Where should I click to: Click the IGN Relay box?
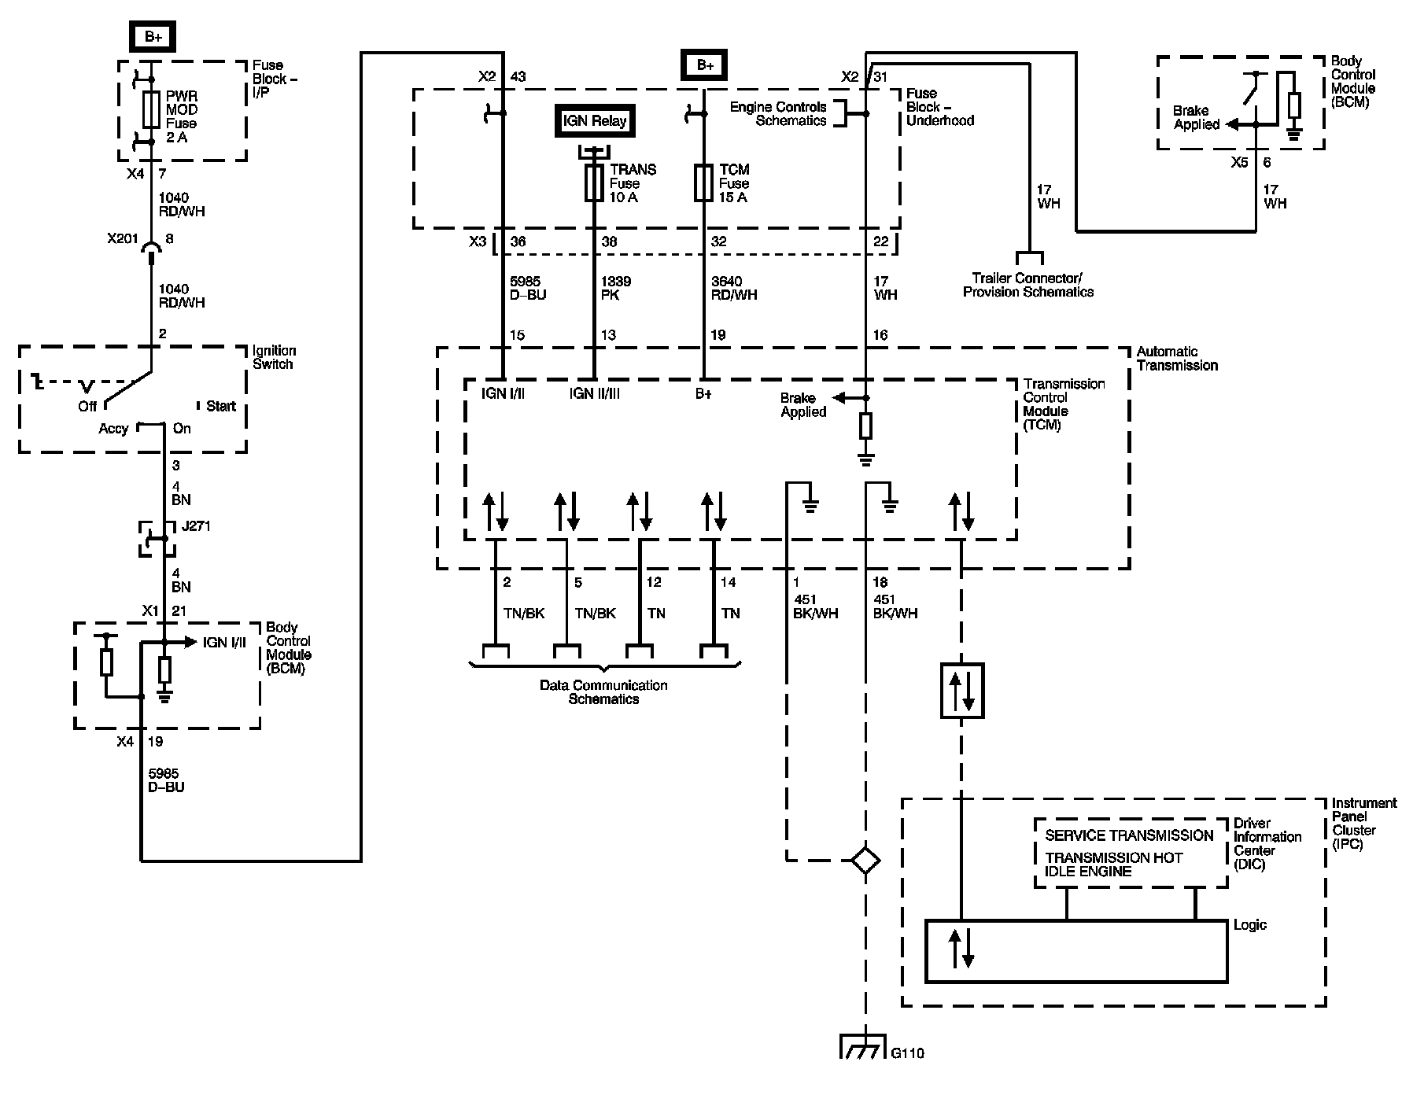tap(595, 121)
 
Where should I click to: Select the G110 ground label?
tap(908, 1053)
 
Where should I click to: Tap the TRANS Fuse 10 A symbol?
tap(594, 183)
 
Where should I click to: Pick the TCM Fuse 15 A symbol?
tap(703, 183)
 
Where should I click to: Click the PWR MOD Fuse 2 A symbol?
tap(152, 109)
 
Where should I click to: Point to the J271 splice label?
tap(197, 525)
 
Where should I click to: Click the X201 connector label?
tap(123, 239)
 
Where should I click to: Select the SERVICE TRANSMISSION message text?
tap(1129, 835)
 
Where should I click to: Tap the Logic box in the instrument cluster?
tap(1076, 951)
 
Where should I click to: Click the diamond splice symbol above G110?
tap(865, 860)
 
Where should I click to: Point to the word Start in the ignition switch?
tap(221, 406)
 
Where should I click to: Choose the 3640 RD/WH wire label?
tap(734, 288)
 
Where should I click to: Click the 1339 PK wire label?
tap(616, 288)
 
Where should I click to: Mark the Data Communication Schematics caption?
tap(603, 692)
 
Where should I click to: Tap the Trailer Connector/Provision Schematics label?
tap(1028, 285)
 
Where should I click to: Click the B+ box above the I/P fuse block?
tap(153, 37)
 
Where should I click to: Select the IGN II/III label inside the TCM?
tap(594, 393)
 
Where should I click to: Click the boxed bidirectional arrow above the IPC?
tap(962, 691)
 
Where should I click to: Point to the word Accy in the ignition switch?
tap(113, 429)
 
